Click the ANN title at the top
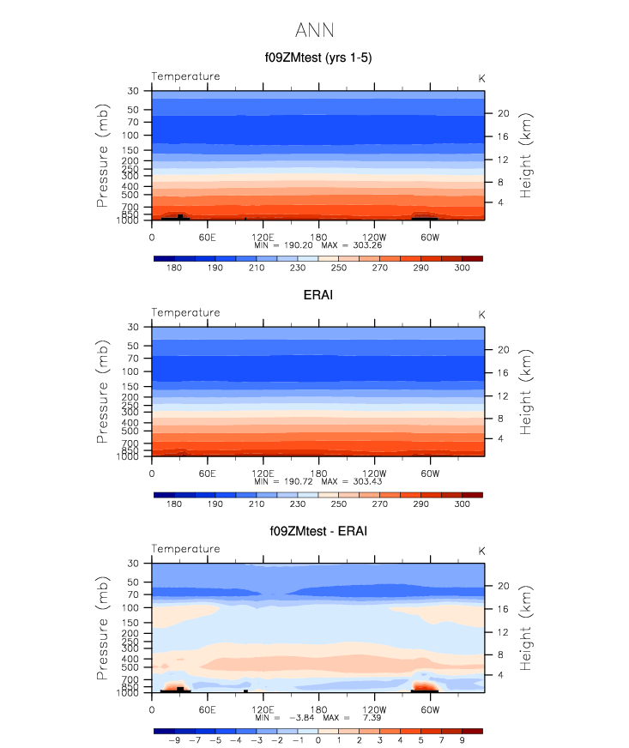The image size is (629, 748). (x=314, y=31)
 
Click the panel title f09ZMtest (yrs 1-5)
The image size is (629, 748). (x=318, y=58)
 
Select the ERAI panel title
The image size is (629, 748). (x=318, y=295)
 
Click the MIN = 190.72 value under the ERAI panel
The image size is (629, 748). (x=283, y=482)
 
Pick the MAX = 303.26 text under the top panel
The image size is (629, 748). (x=351, y=245)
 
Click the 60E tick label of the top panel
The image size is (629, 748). (x=207, y=237)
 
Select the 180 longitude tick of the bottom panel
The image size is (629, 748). (x=318, y=710)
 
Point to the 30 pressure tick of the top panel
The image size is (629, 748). (x=134, y=91)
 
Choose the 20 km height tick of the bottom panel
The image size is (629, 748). (x=503, y=586)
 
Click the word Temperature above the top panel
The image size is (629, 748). (x=185, y=76)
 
